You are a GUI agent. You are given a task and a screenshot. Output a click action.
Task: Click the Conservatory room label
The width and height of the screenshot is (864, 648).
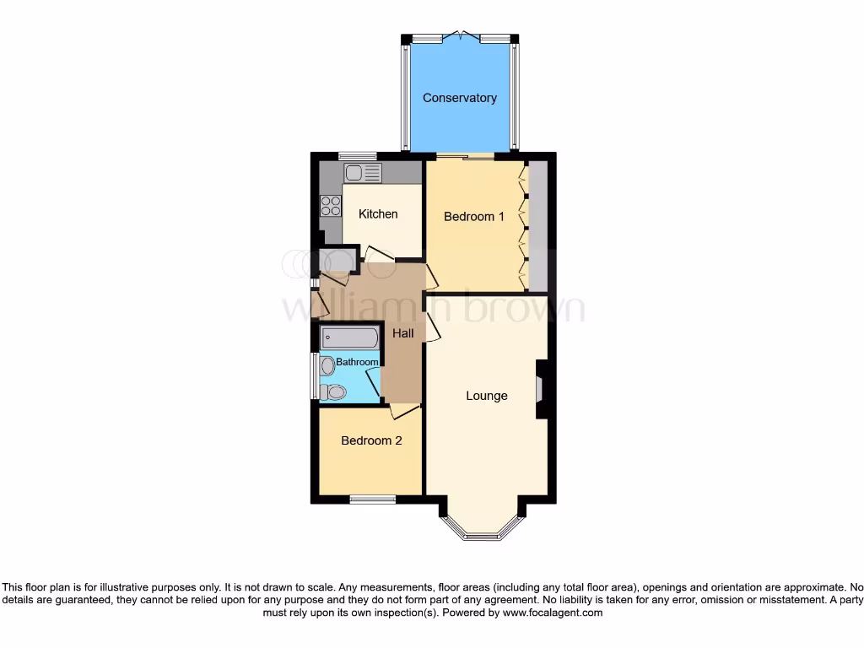pyautogui.click(x=459, y=98)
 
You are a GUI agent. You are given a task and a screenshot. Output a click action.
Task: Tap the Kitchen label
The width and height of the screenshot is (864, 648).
pyautogui.click(x=378, y=214)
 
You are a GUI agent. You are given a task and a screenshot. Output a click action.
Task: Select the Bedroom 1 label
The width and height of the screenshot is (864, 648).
pyautogui.click(x=474, y=217)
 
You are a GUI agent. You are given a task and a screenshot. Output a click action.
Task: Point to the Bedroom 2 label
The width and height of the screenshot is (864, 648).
pyautogui.click(x=371, y=440)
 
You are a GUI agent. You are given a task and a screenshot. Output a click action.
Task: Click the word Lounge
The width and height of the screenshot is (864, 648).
pyautogui.click(x=487, y=396)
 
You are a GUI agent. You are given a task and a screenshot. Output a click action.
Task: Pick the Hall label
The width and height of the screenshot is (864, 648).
pyautogui.click(x=403, y=334)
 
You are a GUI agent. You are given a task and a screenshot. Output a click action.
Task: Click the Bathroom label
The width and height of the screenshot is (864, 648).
pyautogui.click(x=358, y=362)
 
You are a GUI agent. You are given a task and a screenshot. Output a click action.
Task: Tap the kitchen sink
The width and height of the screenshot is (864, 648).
pyautogui.click(x=363, y=173)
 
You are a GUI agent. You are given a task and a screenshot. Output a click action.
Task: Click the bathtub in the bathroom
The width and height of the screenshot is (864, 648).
pyautogui.click(x=349, y=338)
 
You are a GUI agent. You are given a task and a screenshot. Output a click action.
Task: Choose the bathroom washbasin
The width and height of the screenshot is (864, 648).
pyautogui.click(x=327, y=364)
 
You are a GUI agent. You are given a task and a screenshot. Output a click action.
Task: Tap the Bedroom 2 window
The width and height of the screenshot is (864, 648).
pyautogui.click(x=372, y=499)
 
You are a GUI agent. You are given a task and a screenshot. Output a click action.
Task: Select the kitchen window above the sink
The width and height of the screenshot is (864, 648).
pyautogui.click(x=357, y=156)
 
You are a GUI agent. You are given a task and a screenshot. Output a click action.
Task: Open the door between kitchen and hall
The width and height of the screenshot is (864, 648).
pyautogui.click(x=376, y=252)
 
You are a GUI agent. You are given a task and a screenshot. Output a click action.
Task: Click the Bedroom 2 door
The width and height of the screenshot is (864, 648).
pyautogui.click(x=405, y=412)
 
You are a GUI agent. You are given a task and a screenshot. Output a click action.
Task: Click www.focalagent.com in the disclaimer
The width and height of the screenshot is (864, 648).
pyautogui.click(x=553, y=613)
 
